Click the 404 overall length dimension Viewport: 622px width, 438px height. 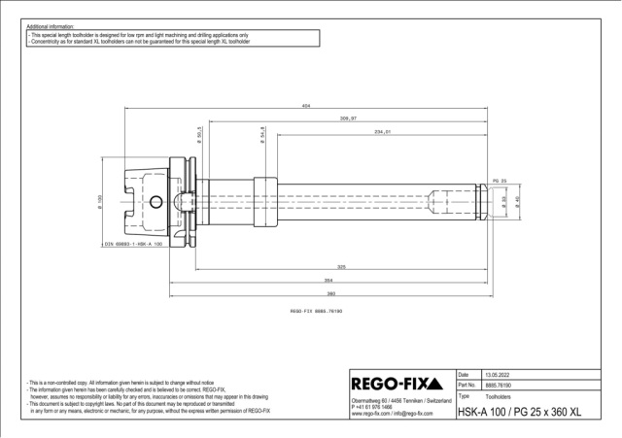[x=307, y=104]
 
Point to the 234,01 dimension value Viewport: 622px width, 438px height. [x=381, y=131]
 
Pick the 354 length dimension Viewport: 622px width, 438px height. [x=329, y=279]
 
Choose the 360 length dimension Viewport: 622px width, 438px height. [x=331, y=292]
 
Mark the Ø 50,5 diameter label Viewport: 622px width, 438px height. [x=199, y=135]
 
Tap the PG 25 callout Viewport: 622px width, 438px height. [x=501, y=182]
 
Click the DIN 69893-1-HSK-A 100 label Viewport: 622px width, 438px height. [x=136, y=244]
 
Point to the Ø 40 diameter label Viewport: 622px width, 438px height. [x=518, y=201]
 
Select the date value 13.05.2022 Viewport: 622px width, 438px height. [x=497, y=374]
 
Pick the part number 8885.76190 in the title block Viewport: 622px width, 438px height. [x=498, y=386]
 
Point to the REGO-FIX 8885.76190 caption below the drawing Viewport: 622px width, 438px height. [x=317, y=312]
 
